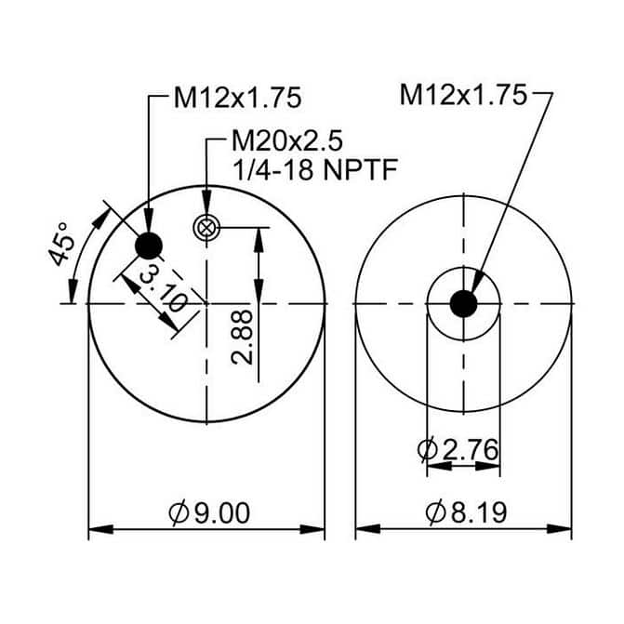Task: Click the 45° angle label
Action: [x=61, y=245]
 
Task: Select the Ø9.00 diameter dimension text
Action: [x=209, y=513]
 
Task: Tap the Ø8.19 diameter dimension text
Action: [x=466, y=512]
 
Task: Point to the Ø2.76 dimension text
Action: [x=458, y=449]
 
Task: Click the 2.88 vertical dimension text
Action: [x=242, y=337]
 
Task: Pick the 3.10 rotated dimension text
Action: [x=164, y=289]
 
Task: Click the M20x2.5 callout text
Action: [x=287, y=140]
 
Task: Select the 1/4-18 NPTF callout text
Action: [x=314, y=170]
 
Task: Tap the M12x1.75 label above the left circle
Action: [x=237, y=98]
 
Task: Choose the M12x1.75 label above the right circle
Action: [x=463, y=95]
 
